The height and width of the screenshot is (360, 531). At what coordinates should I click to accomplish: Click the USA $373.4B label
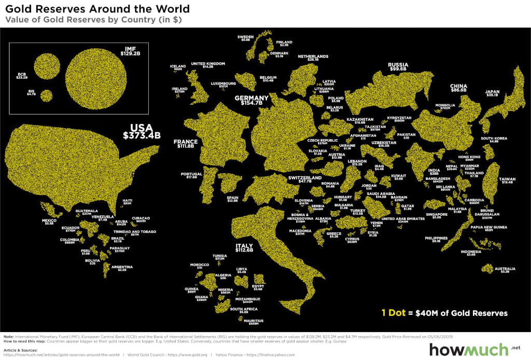142,132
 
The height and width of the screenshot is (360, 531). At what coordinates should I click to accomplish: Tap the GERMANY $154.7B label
251,101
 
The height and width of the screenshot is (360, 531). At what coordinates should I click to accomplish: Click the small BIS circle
47,95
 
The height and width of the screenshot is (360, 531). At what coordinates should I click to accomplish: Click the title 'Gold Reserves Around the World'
97,9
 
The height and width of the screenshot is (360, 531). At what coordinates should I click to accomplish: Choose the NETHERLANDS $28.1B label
313,58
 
